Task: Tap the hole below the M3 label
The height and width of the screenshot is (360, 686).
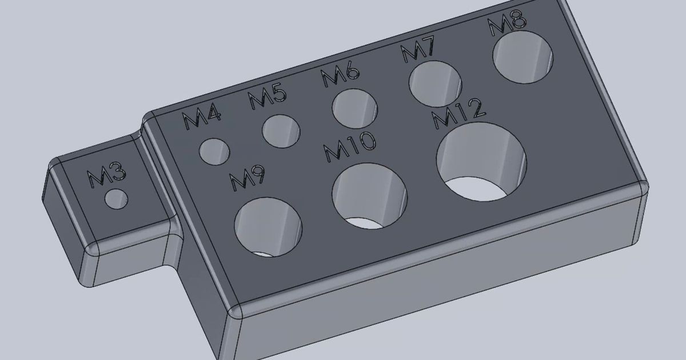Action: coord(116,199)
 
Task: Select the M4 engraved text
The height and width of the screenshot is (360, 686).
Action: coord(202,120)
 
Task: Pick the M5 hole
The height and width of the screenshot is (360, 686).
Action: coord(281,130)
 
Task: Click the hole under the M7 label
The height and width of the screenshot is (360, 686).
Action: coord(435,83)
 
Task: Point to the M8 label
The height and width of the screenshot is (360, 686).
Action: coord(507,24)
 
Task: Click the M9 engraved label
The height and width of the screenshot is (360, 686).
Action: coord(248,179)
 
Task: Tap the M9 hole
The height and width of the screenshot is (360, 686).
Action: coord(268,226)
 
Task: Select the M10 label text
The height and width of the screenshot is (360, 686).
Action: coord(350,147)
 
